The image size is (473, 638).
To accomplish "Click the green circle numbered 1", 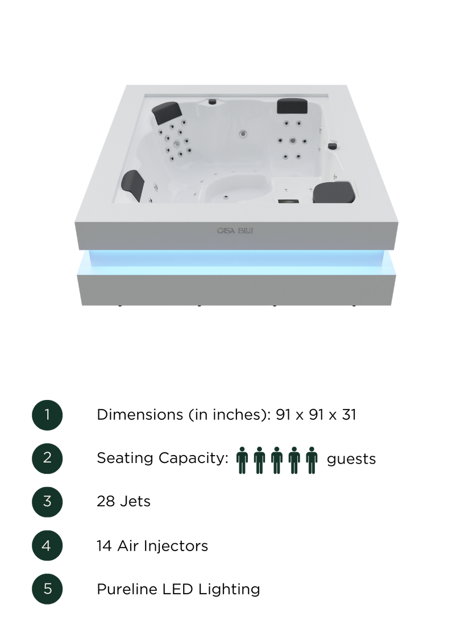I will click(47, 415).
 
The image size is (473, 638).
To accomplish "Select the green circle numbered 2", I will click(47, 458).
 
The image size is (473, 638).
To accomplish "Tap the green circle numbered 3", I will click(47, 502).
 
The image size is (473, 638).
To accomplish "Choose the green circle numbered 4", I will click(47, 545).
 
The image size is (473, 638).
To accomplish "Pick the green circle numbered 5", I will click(47, 589).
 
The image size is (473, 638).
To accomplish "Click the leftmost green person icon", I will click(242, 460).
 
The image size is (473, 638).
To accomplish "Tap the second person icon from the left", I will click(259, 460).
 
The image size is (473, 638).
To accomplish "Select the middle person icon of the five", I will click(277, 460).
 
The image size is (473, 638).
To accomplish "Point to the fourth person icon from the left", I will click(294, 460).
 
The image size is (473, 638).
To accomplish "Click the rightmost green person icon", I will click(311, 460).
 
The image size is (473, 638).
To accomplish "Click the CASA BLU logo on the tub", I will click(239, 231).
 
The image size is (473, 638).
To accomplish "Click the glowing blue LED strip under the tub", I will click(236, 260).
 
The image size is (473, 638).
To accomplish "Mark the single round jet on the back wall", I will click(243, 135).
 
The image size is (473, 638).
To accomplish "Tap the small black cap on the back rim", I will click(213, 102).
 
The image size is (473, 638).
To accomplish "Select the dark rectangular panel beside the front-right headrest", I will click(288, 200).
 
